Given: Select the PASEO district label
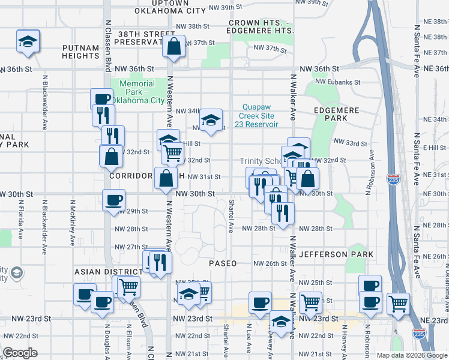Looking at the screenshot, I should pos(223,263).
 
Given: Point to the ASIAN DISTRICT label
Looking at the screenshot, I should pos(102,272).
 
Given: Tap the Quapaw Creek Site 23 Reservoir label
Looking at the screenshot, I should pos(260,115).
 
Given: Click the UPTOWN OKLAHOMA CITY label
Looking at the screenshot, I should pos(170,7).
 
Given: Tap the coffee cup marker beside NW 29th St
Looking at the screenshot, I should pos(113,200).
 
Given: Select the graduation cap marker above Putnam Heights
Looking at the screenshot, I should pos(28,41).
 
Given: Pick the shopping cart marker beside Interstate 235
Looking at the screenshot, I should pos(398,304).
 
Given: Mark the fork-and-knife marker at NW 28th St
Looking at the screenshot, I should pos(282,213).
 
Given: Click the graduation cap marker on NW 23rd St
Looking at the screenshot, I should pos(280,322).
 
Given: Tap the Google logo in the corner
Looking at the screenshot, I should pos(20,353).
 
